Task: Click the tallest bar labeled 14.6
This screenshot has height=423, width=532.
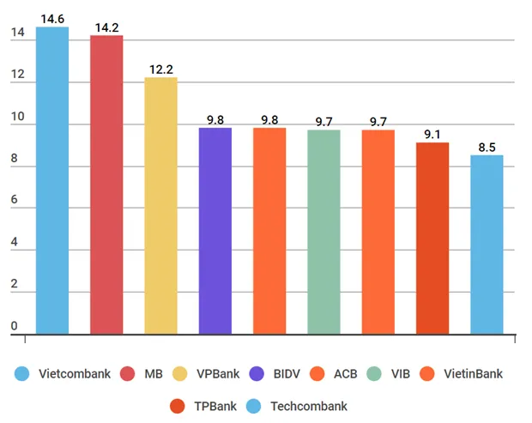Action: tap(52, 180)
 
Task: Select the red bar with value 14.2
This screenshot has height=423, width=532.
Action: tap(106, 184)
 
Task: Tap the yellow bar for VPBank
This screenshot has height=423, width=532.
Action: tap(160, 206)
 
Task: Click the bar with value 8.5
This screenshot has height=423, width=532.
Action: tap(487, 244)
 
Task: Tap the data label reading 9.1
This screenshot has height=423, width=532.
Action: tap(432, 134)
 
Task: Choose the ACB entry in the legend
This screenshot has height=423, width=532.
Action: tap(344, 374)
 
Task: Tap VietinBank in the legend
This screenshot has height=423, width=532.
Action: tap(468, 374)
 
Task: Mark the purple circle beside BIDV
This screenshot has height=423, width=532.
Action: tap(256, 374)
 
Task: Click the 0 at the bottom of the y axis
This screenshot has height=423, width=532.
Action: tap(15, 326)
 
